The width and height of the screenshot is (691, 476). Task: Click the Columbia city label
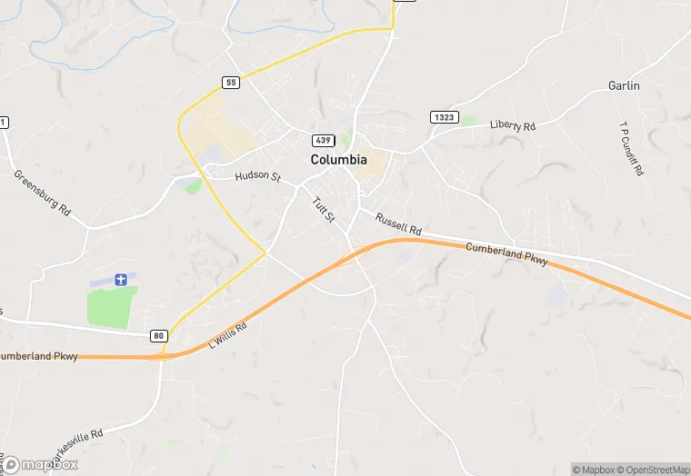point(338,159)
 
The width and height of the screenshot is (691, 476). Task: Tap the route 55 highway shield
point(231,83)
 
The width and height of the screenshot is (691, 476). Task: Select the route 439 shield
point(323,140)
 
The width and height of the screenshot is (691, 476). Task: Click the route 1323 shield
point(444,117)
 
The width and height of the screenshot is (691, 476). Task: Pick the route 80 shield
point(159,335)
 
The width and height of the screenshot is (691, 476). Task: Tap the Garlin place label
point(624,85)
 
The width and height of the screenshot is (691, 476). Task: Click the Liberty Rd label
point(512,124)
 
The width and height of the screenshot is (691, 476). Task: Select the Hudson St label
point(257,176)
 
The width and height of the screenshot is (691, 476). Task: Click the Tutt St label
point(324,210)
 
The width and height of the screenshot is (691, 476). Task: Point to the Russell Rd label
point(398,223)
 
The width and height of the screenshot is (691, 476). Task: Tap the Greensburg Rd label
point(42,192)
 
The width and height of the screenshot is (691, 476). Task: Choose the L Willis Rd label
point(227,334)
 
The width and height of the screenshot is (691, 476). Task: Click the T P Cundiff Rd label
point(631,149)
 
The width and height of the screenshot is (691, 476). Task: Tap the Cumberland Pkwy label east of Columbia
point(506,253)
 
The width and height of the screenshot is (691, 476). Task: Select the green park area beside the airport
point(112,306)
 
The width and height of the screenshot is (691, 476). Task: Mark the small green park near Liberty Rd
point(468,119)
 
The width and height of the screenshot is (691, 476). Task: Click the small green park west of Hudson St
point(193,186)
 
